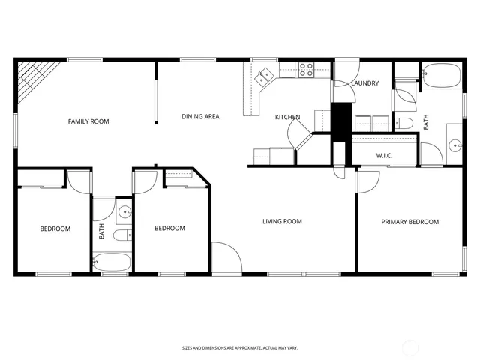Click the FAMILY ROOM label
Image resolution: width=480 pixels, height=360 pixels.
(88, 121)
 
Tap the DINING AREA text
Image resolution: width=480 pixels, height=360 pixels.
(200, 117)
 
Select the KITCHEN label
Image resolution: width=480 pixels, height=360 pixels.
(287, 117)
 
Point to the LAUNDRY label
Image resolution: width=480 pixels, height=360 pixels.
(365, 83)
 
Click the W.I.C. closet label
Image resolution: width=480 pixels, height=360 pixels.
(384, 156)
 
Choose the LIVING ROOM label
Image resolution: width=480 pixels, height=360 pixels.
(282, 221)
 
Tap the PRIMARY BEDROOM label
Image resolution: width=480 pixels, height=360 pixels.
(409, 222)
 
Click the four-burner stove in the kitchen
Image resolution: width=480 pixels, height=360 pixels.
(306, 70)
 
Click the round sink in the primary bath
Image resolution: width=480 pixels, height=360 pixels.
(454, 145)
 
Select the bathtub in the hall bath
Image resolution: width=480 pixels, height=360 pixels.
(112, 263)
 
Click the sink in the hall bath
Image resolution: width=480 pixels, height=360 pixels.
(124, 212)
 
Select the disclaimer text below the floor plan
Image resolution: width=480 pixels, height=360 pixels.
(240, 347)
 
